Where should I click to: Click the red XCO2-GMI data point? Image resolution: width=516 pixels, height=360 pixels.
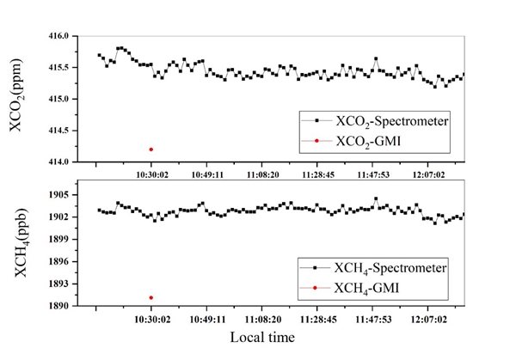pos(151,149)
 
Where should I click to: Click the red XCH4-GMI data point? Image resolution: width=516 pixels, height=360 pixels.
pos(151,297)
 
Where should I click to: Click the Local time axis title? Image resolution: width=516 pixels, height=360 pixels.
pos(262,338)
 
